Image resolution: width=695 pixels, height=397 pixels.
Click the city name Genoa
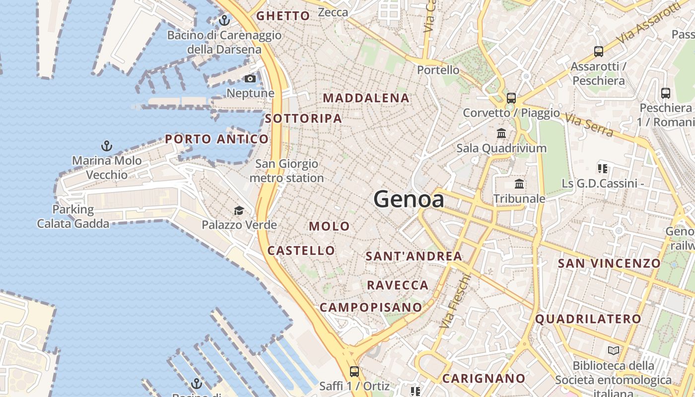(409, 199)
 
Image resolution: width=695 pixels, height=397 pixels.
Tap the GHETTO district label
(283, 16)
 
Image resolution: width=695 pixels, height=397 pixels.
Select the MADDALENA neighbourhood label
(366, 98)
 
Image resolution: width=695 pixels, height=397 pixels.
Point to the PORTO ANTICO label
(217, 139)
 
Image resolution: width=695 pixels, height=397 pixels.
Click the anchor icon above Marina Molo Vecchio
(107, 146)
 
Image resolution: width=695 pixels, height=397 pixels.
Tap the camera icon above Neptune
(250, 79)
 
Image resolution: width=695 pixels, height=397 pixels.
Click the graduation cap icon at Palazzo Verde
(239, 210)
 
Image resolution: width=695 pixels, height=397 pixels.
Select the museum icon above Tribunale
(519, 184)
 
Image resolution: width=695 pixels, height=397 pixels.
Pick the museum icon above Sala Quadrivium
(501, 133)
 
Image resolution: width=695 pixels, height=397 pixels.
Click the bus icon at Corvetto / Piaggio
(511, 98)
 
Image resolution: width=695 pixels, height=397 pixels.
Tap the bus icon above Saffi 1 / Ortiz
(354, 371)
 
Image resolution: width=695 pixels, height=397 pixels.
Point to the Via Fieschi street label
(454, 300)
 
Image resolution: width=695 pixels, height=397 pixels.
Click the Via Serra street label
(589, 124)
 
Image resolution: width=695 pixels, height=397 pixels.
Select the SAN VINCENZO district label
(609, 264)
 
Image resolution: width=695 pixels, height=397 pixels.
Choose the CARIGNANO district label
(484, 379)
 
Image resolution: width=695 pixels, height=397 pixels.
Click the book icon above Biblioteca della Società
(614, 351)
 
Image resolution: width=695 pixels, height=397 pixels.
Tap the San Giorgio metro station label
(286, 171)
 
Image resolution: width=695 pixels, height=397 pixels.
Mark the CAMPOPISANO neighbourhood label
(370, 307)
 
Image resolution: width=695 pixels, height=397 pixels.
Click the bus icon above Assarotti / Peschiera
(599, 51)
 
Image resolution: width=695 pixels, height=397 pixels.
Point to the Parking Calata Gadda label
(73, 216)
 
